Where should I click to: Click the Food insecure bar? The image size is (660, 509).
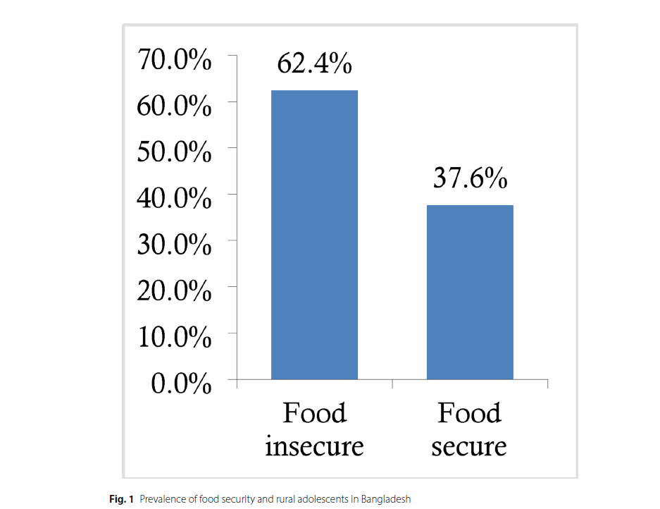314,235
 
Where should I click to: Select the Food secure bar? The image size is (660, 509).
470,292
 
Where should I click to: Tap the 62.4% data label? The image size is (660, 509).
314,63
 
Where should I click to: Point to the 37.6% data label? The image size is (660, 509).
470,178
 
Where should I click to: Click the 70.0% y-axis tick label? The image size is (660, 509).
175,61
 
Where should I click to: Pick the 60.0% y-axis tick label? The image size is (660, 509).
175,107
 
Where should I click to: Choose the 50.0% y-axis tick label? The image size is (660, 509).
175,153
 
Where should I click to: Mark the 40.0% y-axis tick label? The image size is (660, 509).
175,200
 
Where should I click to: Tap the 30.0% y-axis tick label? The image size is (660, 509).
175,245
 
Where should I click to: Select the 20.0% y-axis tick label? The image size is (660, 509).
175,292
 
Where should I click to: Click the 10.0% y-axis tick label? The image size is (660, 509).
175,338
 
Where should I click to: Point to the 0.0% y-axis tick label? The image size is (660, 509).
181,384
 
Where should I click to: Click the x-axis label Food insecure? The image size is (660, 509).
314,429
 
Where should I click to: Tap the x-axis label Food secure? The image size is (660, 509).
469,429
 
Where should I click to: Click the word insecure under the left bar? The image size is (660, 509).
314,447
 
